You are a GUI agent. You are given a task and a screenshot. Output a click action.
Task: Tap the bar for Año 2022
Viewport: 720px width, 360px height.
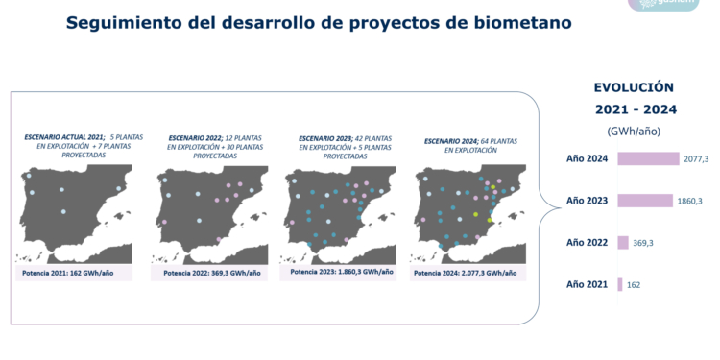pyautogui.click(x=623, y=243)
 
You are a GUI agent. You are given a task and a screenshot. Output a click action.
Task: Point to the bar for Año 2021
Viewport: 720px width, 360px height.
pyautogui.click(x=620, y=284)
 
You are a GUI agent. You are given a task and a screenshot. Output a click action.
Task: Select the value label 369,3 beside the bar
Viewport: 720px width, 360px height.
pyautogui.click(x=646, y=243)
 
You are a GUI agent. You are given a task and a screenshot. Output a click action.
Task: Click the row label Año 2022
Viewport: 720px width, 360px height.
pyautogui.click(x=588, y=243)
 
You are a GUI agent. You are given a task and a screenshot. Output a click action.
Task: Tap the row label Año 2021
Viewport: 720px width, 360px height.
pyautogui.click(x=588, y=284)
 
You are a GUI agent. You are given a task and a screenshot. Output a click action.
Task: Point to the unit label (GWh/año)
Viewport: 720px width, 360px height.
pyautogui.click(x=634, y=131)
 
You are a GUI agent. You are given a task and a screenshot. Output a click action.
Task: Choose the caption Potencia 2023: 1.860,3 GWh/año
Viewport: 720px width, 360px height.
pyautogui.click(x=341, y=272)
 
